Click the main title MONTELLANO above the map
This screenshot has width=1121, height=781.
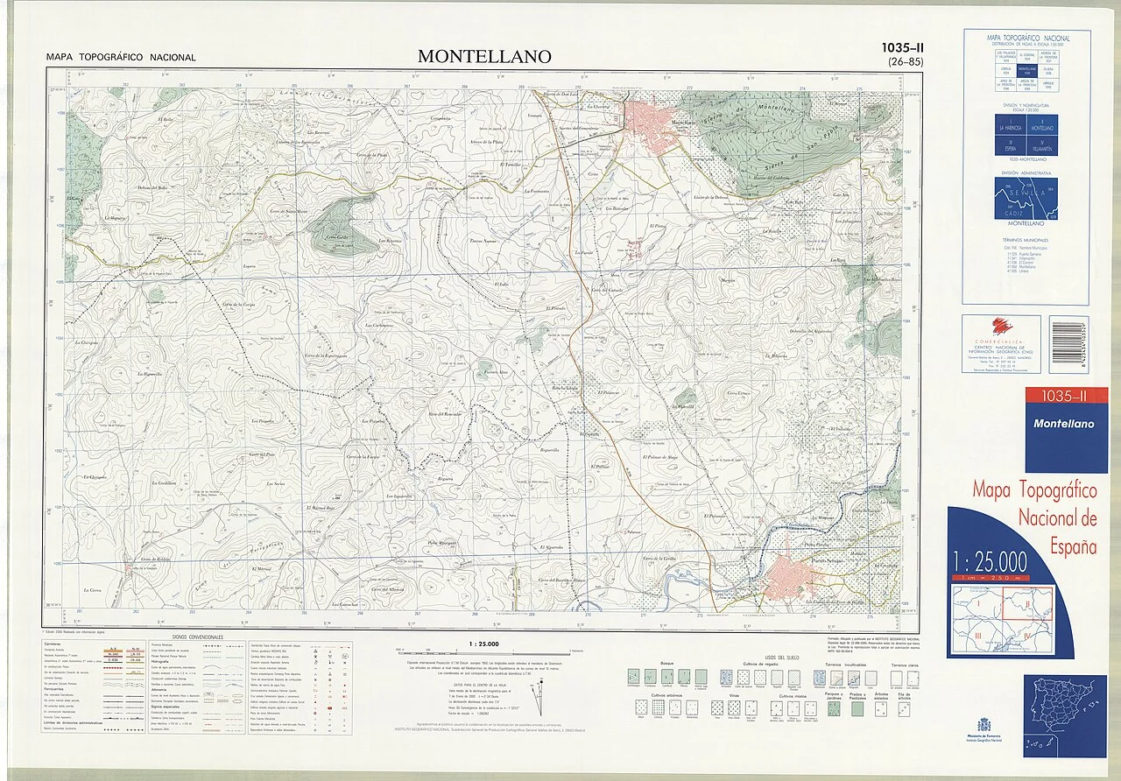click(484, 56)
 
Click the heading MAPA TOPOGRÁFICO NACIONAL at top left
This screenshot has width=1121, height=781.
click(121, 58)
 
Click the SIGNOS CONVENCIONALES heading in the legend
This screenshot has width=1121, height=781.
click(198, 637)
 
